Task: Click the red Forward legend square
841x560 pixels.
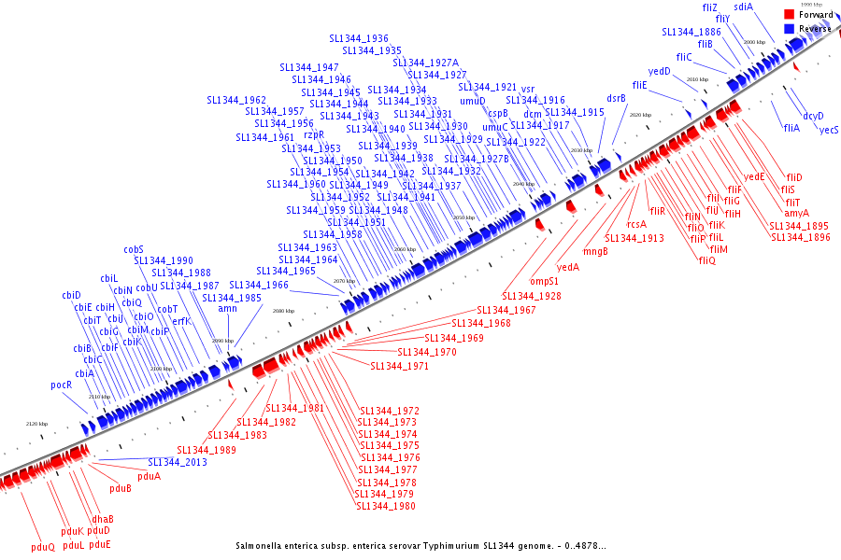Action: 790,14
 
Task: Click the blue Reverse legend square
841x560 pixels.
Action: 790,29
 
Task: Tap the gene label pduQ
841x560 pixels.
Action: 43,547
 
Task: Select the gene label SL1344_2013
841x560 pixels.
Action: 178,462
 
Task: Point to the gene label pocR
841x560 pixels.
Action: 62,385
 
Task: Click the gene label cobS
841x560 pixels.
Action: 134,249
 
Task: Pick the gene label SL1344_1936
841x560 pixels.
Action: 359,38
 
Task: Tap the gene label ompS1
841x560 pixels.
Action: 545,280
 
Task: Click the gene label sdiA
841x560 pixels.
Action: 743,7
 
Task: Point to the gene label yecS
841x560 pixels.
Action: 829,130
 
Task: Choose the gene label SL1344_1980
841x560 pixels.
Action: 385,506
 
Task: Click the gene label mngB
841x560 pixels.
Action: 595,250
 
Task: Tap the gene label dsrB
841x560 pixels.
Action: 616,98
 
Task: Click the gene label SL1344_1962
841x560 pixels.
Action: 236,100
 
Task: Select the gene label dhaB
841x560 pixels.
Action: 103,519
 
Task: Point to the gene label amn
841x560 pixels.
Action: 227,308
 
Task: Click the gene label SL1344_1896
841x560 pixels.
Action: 801,237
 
